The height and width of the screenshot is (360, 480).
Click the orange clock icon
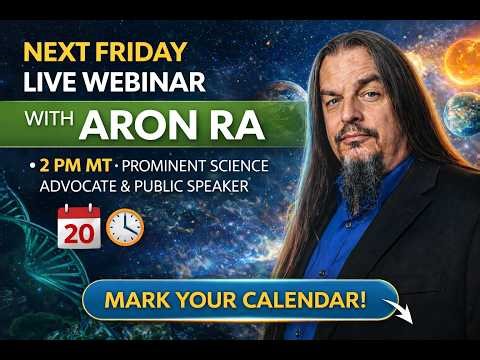[x=124, y=227]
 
